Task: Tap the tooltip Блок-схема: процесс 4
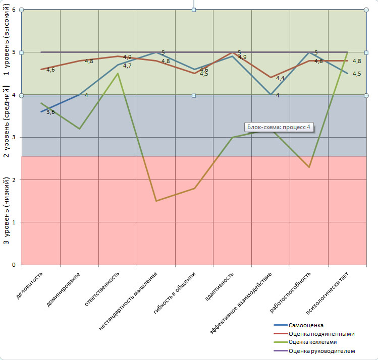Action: pos(279,128)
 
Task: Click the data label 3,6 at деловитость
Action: pos(50,112)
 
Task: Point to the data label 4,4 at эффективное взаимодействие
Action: pos(280,78)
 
